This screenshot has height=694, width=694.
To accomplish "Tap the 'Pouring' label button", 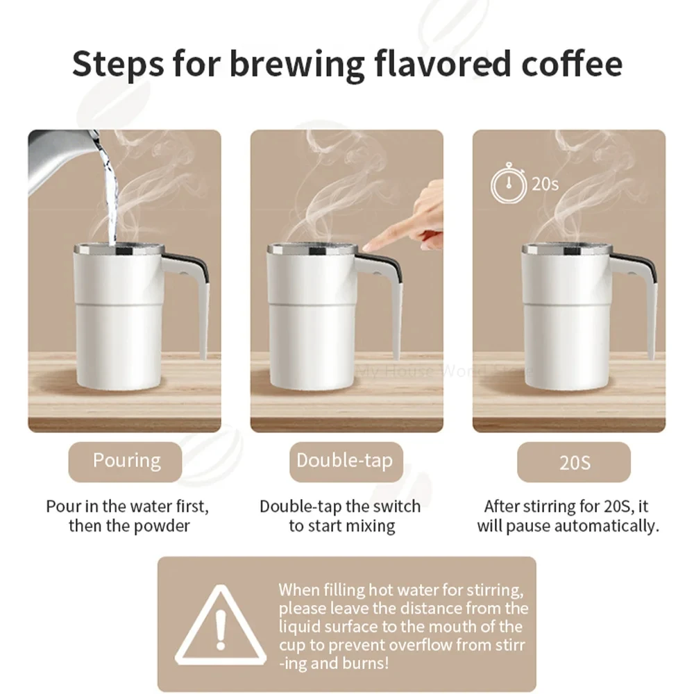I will pos(126,462).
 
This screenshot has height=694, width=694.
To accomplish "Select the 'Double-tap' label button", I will pos(345,462).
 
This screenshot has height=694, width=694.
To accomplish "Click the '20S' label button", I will pos(573,462).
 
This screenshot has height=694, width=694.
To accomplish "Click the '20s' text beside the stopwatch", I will pos(545,185).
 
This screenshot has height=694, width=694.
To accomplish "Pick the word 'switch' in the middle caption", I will pos(397,507).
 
